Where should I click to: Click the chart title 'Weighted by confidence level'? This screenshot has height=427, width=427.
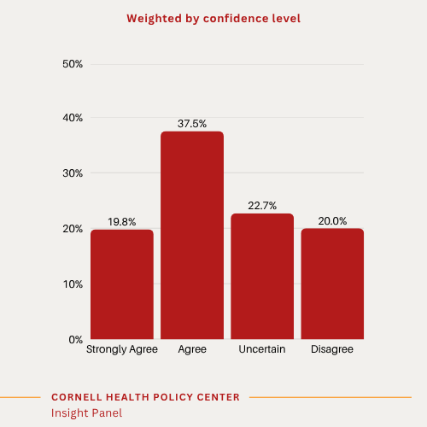click(213, 18)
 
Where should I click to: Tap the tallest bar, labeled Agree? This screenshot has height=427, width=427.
click(192, 236)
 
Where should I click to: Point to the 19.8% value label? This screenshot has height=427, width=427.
click(122, 222)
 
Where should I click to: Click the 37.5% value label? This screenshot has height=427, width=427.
click(192, 124)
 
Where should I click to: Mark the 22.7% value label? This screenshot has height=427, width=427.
click(262, 206)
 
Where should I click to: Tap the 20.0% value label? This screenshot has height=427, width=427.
click(332, 221)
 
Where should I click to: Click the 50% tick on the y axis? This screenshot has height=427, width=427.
click(72, 64)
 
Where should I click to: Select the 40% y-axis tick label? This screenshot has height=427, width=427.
click(72, 119)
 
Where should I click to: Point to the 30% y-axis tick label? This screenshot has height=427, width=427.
click(72, 173)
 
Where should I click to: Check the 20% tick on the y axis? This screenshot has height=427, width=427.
click(72, 229)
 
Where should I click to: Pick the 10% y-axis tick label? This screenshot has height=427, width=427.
click(72, 284)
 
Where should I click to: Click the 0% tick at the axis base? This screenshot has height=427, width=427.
click(75, 339)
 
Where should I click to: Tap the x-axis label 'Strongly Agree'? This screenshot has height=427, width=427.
click(122, 350)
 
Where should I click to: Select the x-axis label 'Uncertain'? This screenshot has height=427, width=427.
click(262, 350)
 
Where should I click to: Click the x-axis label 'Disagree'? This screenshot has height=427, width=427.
click(332, 350)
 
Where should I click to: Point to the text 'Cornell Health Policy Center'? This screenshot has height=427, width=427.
click(145, 397)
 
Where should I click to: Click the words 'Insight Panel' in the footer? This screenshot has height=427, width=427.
click(86, 413)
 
